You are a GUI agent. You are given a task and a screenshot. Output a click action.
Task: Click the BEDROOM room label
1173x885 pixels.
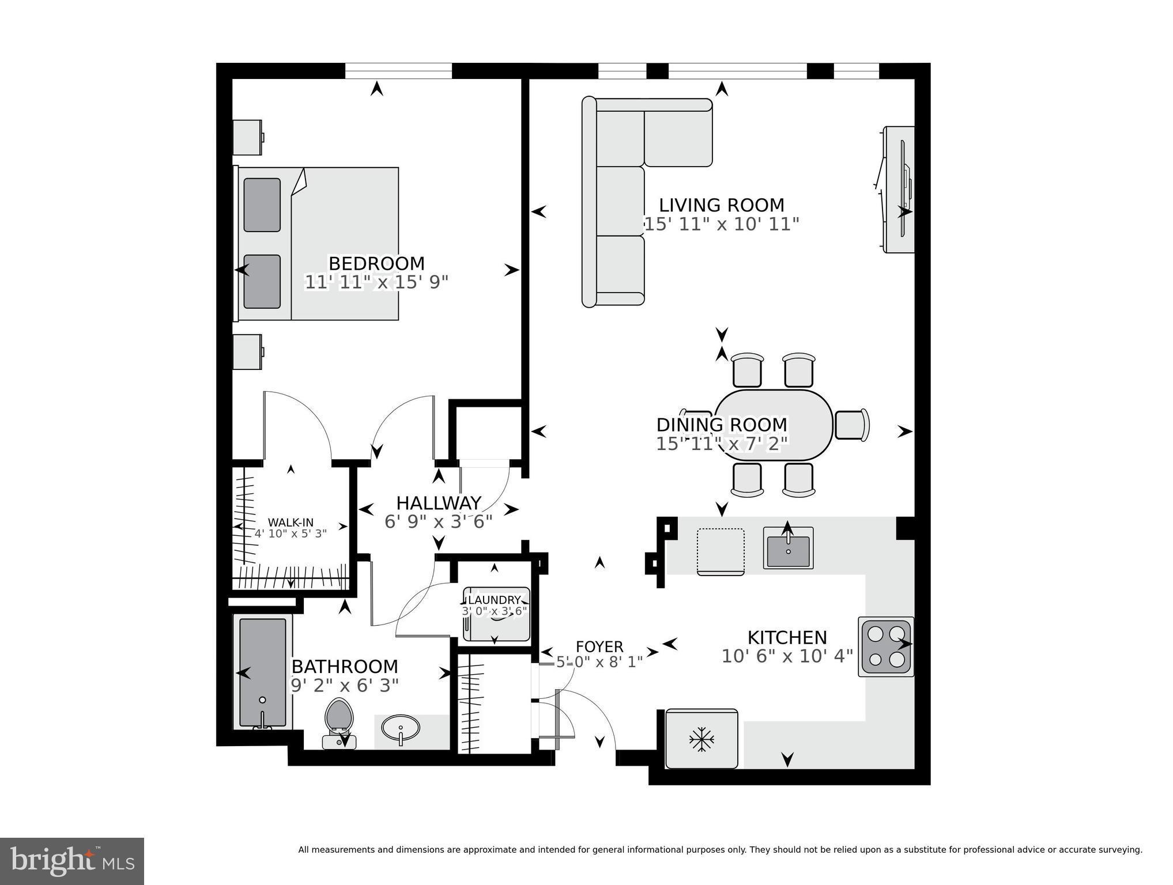376,264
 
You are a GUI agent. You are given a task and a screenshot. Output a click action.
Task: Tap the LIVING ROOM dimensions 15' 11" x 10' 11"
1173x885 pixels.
721,224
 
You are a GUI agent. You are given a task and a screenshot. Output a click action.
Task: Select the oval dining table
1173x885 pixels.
774,425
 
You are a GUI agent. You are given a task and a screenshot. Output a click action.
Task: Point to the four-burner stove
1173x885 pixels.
886,646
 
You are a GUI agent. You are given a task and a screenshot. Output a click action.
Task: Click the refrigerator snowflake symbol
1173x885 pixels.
701,739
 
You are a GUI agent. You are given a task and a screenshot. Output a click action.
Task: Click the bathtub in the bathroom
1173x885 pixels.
263,672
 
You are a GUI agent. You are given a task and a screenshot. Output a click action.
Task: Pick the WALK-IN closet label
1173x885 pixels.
291,523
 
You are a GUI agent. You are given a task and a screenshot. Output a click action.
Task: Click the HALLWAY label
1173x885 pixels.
439,503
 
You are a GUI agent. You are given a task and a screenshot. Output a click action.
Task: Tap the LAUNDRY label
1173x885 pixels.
495,600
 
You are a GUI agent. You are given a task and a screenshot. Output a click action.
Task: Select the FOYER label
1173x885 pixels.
599,647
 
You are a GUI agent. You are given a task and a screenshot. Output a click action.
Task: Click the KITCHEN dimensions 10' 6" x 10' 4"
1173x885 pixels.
787,656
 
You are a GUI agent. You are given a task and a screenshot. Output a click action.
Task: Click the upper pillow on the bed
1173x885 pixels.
262,205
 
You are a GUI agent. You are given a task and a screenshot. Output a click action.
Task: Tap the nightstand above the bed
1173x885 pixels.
247,137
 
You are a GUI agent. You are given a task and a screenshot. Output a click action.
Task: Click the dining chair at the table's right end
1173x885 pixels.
851,425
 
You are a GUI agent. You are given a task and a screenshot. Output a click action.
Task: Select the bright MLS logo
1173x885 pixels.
72,861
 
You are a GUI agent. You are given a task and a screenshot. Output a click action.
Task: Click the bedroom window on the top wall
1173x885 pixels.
398,70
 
